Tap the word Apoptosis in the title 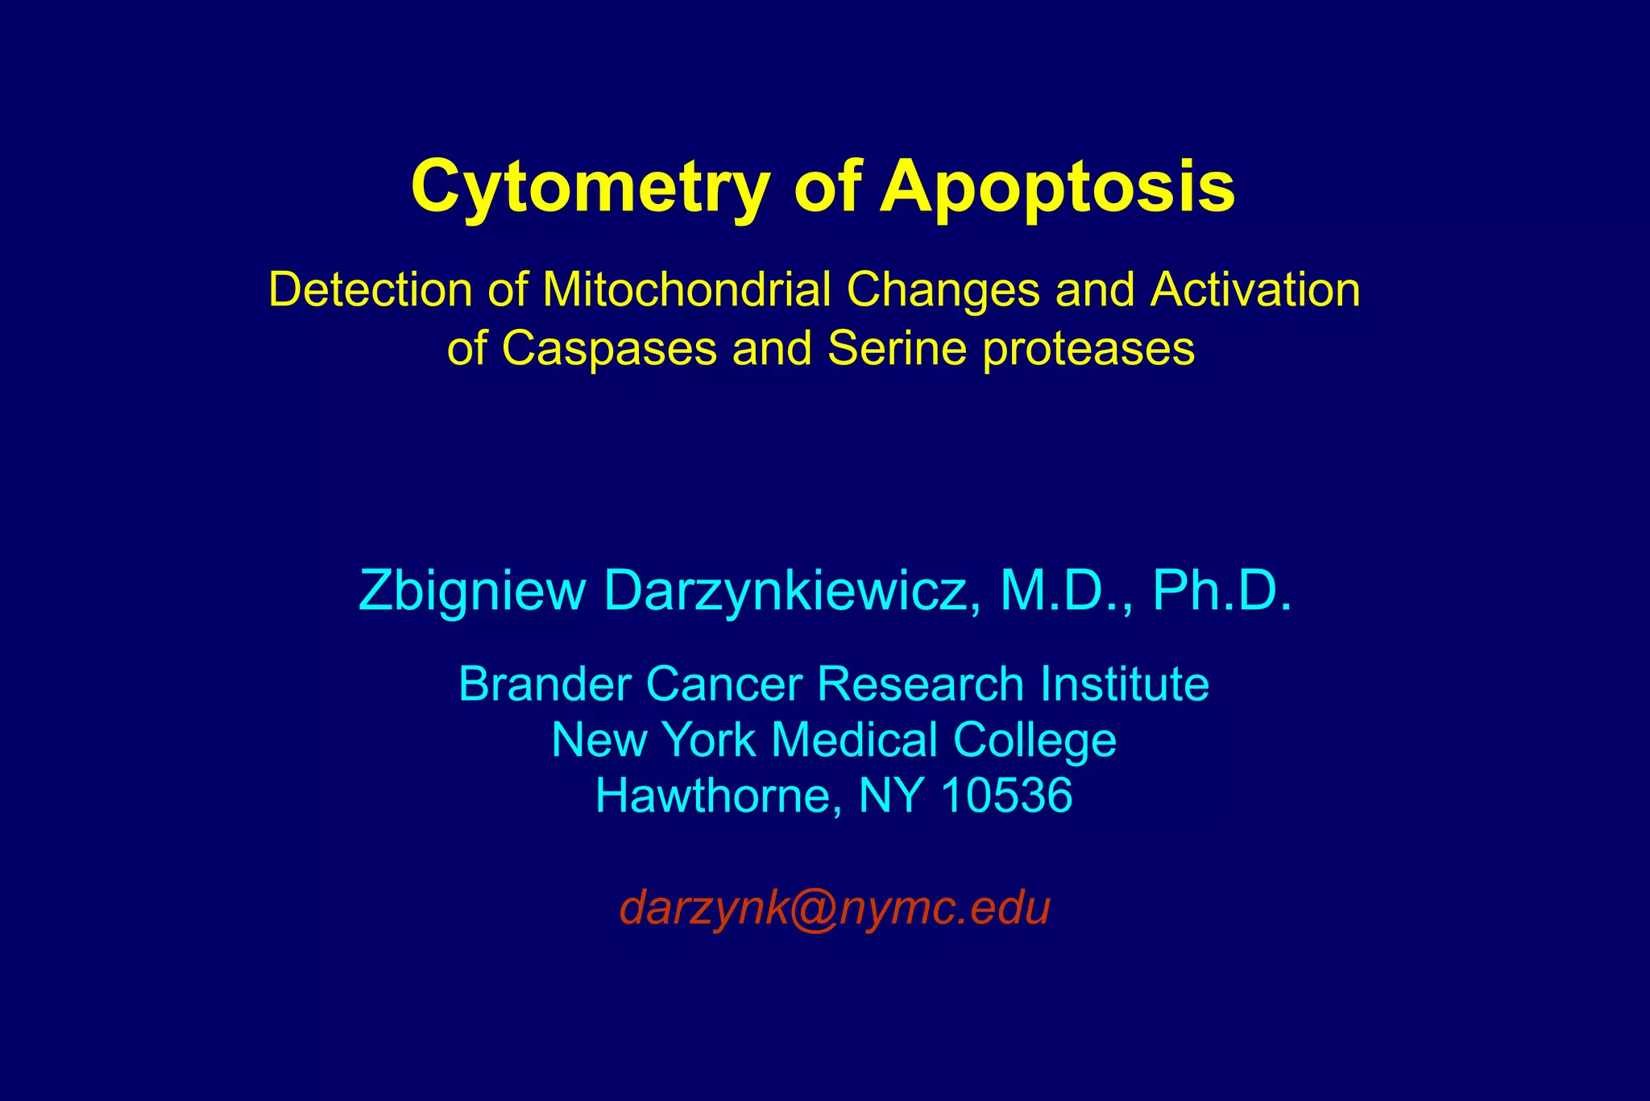point(1057,187)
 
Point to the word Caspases point(609,349)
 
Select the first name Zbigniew point(471,592)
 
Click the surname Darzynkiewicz point(793,592)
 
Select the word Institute point(1124,684)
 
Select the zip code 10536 point(1006,796)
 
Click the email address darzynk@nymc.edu point(835,908)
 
